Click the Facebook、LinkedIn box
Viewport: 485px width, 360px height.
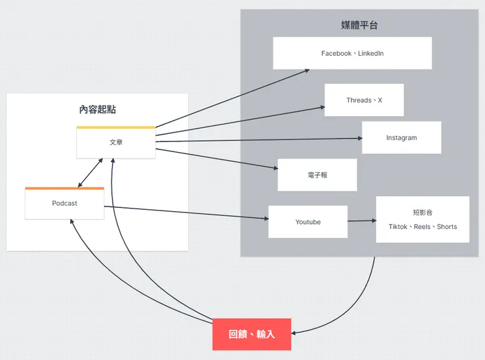pyautogui.click(x=352, y=53)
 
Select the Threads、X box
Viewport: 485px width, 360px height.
pyautogui.click(x=364, y=100)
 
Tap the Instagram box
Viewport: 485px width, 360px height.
pyautogui.click(x=401, y=138)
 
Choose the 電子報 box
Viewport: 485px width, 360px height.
pyautogui.click(x=317, y=175)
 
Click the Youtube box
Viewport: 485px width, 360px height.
pyautogui.click(x=307, y=222)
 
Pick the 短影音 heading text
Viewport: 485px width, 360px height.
pyautogui.click(x=422, y=212)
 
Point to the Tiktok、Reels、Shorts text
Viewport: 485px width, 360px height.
pyautogui.click(x=422, y=227)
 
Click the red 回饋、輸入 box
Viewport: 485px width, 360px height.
pyautogui.click(x=252, y=334)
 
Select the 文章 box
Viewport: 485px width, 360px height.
pyautogui.click(x=116, y=143)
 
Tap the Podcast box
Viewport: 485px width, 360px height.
pyautogui.click(x=64, y=204)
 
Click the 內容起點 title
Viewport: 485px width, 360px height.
pyautogui.click(x=97, y=110)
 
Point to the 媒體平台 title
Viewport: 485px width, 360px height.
pyautogui.click(x=359, y=26)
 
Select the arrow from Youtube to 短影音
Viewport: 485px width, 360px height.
pyautogui.click(x=362, y=221)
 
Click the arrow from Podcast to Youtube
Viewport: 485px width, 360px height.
pyautogui.click(x=187, y=213)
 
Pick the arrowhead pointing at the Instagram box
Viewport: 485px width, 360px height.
pyautogui.click(x=359, y=138)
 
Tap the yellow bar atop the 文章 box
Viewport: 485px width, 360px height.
pyautogui.click(x=116, y=127)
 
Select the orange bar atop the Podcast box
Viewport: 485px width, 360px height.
pyautogui.click(x=64, y=189)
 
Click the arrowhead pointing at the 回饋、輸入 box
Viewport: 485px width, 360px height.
pyautogui.click(x=295, y=333)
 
